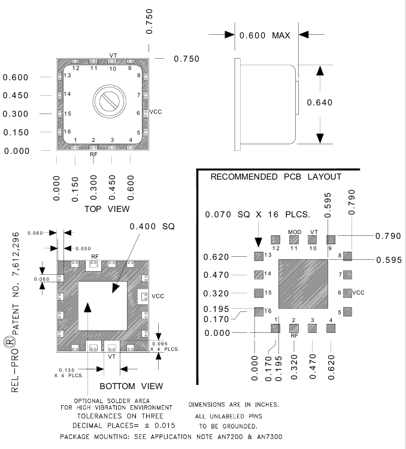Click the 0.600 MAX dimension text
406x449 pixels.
(265, 35)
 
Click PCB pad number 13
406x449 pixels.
(259, 256)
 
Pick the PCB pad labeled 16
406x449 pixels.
(259, 311)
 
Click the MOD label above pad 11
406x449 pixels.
(294, 232)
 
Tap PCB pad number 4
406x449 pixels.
(331, 328)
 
